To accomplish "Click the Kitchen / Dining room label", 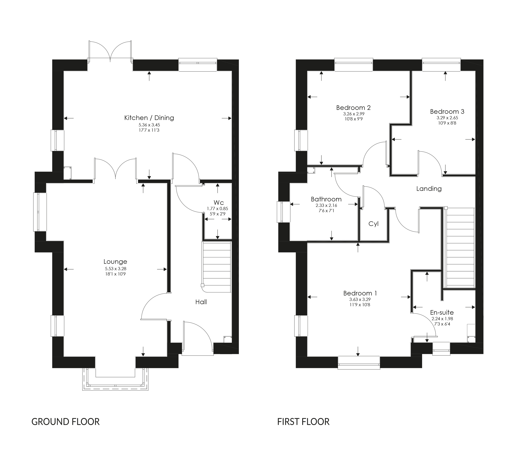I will pyautogui.click(x=149, y=118).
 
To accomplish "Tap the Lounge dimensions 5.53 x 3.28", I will pyautogui.click(x=116, y=269).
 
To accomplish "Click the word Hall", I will pyautogui.click(x=201, y=302).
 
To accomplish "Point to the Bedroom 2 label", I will pyautogui.click(x=353, y=108).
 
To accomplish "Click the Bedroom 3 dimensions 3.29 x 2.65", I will pyautogui.click(x=447, y=118).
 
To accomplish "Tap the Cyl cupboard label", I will pyautogui.click(x=373, y=224).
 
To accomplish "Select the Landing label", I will pyautogui.click(x=429, y=189).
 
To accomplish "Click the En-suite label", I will pyautogui.click(x=442, y=312).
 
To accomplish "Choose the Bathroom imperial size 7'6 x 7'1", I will pyautogui.click(x=326, y=211).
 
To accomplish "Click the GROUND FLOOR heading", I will pyautogui.click(x=66, y=422).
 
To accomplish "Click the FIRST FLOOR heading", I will pyautogui.click(x=303, y=422).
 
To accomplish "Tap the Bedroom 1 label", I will pyautogui.click(x=360, y=293).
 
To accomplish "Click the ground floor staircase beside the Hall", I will pyautogui.click(x=217, y=267).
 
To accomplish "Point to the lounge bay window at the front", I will pyautogui.click(x=115, y=380).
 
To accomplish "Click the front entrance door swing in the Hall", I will pyautogui.click(x=197, y=337).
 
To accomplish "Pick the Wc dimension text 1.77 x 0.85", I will pyautogui.click(x=217, y=209).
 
